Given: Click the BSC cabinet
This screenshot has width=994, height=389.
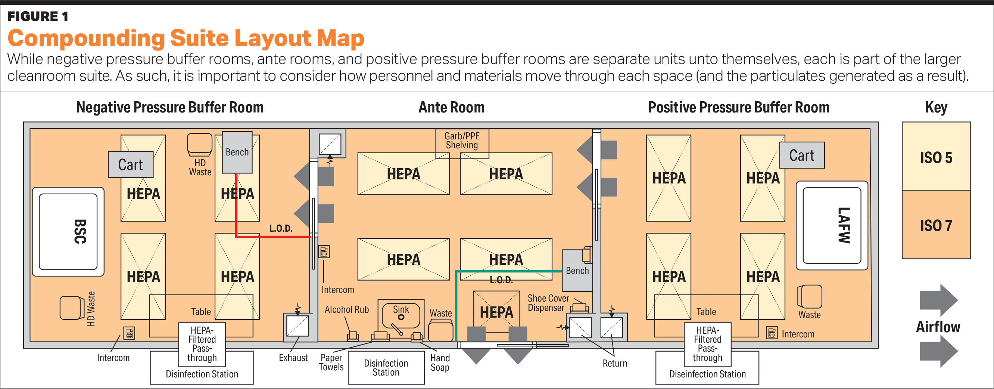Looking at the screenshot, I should pos(68,232).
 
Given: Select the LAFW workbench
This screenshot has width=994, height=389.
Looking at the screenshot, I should pos(832,226).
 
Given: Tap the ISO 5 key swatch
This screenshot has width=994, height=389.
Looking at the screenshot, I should pos(936,157).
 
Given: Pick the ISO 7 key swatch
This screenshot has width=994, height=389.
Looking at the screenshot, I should pos(936,225).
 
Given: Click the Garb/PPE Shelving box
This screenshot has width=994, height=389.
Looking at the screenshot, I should pos(462,141).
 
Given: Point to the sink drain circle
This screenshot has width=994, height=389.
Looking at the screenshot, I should pos(401,317).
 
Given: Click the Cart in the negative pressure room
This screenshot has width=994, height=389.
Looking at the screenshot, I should pos(130,164).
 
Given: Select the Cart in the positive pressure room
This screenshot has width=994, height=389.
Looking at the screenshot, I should pos(801,155).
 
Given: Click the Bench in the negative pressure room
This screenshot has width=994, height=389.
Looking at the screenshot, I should pos(237,152).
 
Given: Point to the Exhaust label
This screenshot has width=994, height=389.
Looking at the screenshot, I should pos(293,358).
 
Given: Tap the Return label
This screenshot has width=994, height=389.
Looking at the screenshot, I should pos(615,363).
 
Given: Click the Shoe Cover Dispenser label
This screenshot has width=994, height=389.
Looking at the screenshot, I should pos(548,303).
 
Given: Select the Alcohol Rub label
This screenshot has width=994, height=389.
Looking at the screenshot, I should pos(346,309).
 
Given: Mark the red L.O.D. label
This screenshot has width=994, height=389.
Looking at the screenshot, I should pos(281,228).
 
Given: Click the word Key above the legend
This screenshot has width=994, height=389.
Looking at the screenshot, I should pos(936,107).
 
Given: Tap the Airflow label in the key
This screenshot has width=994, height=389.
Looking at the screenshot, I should pos(938,327).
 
